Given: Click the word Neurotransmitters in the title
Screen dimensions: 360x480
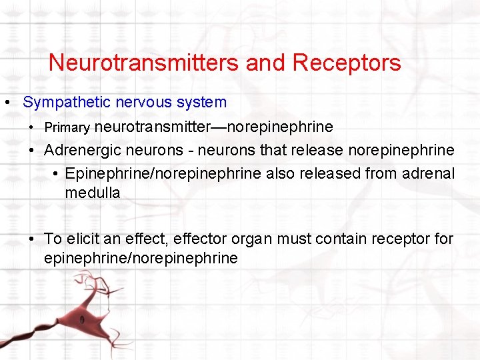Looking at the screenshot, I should (x=144, y=63).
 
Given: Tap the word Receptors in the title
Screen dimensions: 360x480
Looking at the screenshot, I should (x=346, y=63).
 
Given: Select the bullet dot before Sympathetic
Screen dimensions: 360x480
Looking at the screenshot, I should (x=6, y=103).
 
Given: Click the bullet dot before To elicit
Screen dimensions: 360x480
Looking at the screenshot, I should (x=32, y=239).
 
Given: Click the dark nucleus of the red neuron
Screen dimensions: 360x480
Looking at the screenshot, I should (x=81, y=319).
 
